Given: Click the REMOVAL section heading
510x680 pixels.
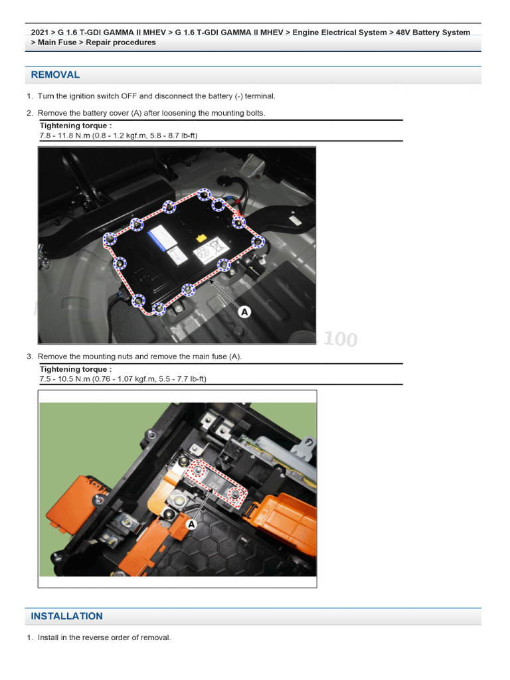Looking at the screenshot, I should pyautogui.click(x=55, y=75).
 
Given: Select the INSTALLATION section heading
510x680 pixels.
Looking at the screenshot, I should pyautogui.click(x=66, y=616).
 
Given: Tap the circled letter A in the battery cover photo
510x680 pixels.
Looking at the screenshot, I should pyautogui.click(x=244, y=311).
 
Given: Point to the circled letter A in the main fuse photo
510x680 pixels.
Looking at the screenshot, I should pyautogui.click(x=192, y=525).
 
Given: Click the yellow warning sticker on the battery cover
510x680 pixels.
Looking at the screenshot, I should pyautogui.click(x=200, y=236).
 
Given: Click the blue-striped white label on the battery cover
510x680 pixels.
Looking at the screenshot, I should pyautogui.click(x=160, y=236).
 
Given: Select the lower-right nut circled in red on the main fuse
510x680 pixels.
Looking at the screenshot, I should pyautogui.click(x=234, y=493).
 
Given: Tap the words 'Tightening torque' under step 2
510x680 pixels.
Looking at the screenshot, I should pyautogui.click(x=75, y=126).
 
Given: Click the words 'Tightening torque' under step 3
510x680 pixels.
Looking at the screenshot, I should pyautogui.click(x=75, y=369).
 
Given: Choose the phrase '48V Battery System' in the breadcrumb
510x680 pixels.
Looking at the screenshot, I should pyautogui.click(x=433, y=33).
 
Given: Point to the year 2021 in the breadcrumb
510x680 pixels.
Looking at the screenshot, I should pyautogui.click(x=40, y=33).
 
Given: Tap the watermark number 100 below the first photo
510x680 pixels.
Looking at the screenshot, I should pyautogui.click(x=341, y=340).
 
